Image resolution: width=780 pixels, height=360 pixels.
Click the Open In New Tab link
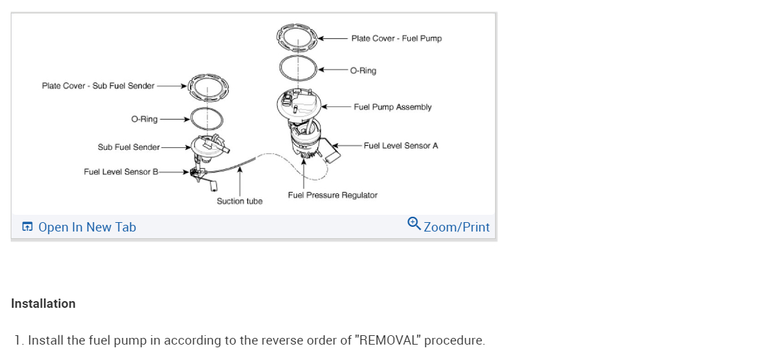click(86, 227)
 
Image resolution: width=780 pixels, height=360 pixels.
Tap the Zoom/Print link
click(456, 227)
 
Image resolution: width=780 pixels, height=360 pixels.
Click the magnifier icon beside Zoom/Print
click(414, 223)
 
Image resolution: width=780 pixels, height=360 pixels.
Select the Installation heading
click(43, 303)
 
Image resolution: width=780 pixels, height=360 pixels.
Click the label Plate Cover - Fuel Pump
click(396, 38)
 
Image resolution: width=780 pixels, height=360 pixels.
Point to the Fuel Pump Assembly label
click(393, 107)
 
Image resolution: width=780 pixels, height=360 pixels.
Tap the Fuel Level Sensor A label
click(401, 145)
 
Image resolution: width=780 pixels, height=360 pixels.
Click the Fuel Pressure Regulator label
click(332, 195)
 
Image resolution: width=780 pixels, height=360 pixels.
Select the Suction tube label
click(239, 201)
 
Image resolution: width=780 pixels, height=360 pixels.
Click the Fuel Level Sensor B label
click(121, 172)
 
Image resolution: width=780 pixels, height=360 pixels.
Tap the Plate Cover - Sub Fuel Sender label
click(98, 86)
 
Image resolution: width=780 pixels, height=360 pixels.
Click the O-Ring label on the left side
click(144, 119)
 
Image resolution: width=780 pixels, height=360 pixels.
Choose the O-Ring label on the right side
click(363, 70)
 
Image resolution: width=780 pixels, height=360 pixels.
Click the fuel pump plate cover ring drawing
click(297, 37)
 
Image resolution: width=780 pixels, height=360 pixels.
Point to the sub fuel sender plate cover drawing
click(207, 86)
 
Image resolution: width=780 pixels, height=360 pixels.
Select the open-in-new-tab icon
click(27, 227)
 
